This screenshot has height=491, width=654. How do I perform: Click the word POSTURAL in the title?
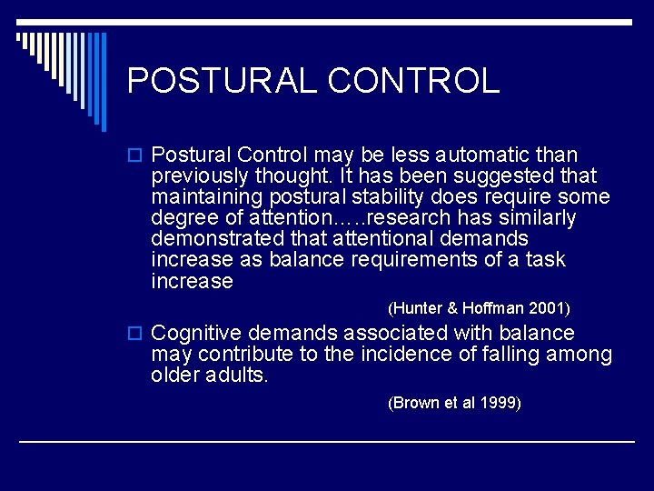(222, 81)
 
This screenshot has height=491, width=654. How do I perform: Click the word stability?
(401, 197)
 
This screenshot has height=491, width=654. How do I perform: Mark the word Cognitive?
(196, 334)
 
